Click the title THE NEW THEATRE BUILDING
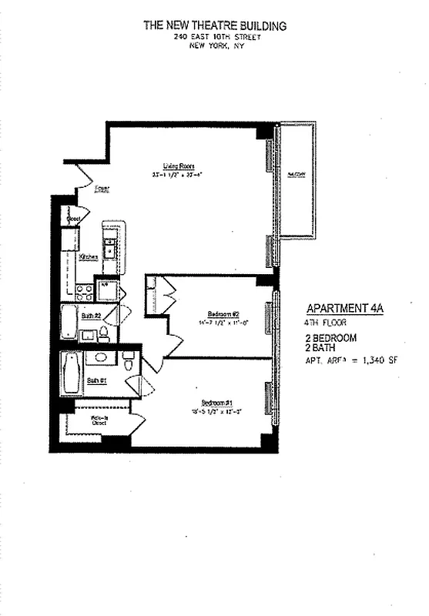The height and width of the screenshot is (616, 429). [215, 25]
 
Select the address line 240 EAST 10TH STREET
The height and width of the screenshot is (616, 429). [215, 36]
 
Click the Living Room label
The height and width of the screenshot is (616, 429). [177, 166]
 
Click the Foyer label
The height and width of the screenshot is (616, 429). [101, 188]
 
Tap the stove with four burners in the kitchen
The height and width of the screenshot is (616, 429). [84, 293]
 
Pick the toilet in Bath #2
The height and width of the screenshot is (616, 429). [103, 334]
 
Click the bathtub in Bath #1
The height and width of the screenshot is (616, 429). [71, 373]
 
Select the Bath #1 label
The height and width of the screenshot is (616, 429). [96, 380]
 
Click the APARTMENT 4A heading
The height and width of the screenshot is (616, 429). [343, 306]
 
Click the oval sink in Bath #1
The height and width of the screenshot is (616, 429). [99, 357]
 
